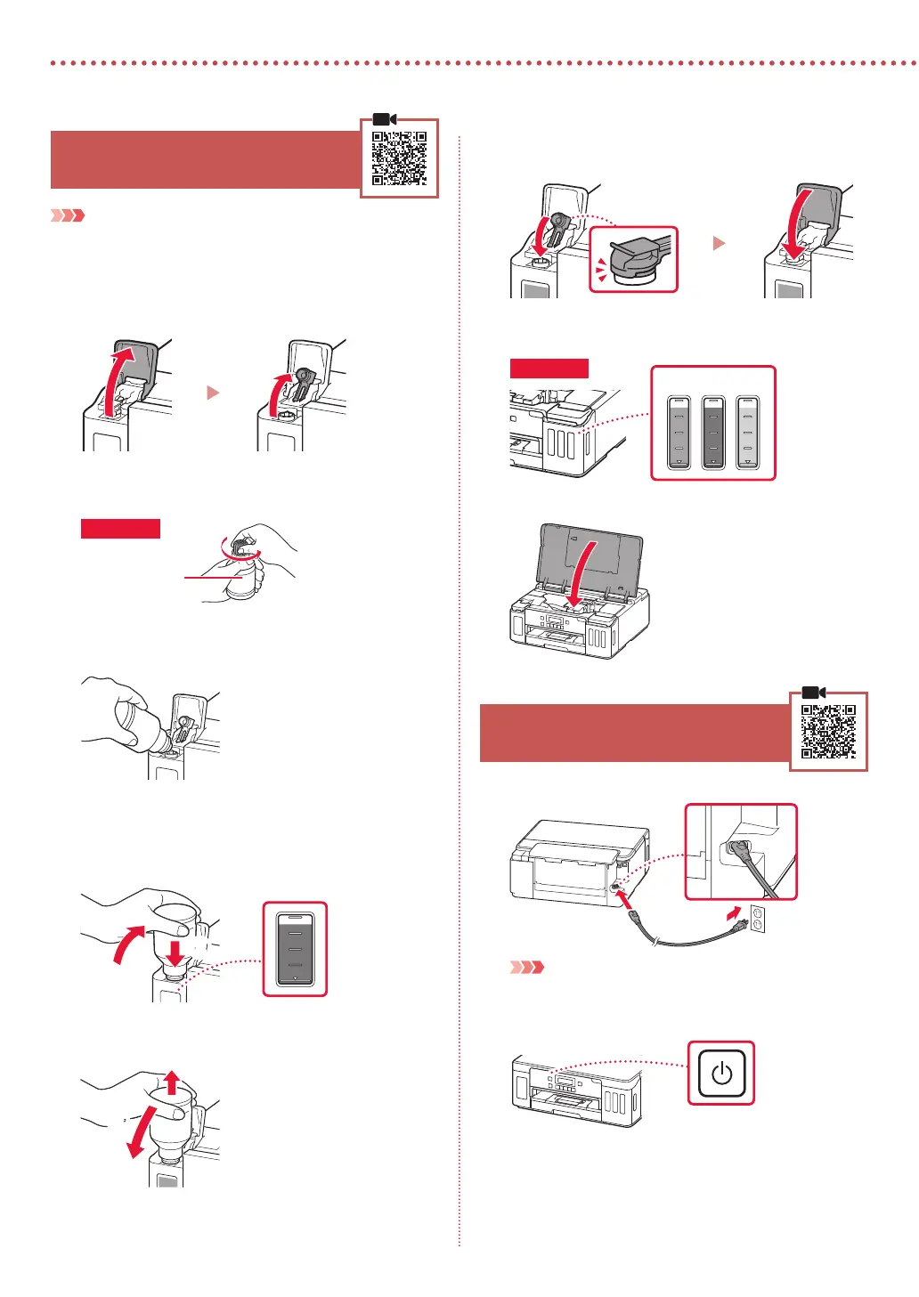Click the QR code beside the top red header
click(399, 158)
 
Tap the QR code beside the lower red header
click(828, 732)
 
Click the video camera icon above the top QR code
click(385, 119)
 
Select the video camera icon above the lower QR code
click(814, 693)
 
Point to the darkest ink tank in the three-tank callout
click(713, 432)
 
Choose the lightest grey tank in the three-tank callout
click(747, 432)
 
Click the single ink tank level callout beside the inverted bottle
click(296, 949)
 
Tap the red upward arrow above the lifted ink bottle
click(172, 1082)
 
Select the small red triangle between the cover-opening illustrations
click(213, 393)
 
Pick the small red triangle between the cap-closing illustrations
click(720, 243)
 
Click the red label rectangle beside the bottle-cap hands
click(120, 529)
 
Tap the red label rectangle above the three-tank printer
click(549, 369)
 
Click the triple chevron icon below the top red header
click(68, 215)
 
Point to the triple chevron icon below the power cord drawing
click(526, 967)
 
